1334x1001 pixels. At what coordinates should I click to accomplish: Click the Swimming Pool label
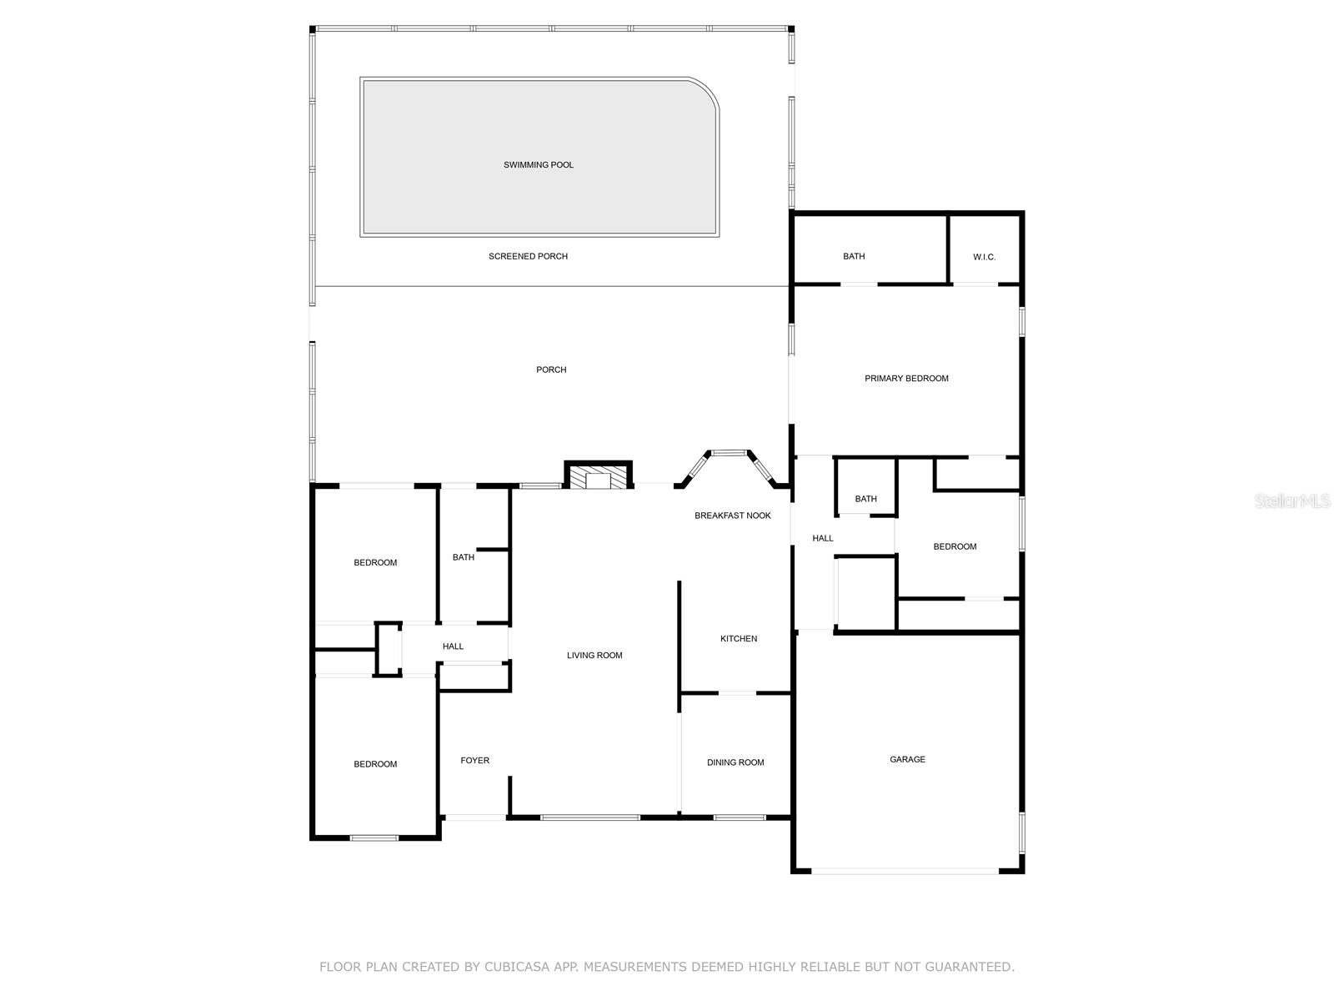click(539, 165)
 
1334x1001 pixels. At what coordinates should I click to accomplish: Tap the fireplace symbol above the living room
click(598, 477)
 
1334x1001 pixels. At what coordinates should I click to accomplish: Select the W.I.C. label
click(984, 257)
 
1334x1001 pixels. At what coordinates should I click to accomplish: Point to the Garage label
click(907, 760)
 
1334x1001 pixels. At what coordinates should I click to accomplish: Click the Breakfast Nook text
click(733, 516)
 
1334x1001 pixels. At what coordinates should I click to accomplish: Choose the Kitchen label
click(739, 639)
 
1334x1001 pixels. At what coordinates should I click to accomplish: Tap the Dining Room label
click(735, 762)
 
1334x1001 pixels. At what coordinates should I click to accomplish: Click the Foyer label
click(475, 761)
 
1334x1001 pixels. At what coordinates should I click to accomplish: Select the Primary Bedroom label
click(906, 379)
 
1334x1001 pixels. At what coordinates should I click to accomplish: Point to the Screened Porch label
click(528, 256)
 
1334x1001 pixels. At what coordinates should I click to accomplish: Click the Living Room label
click(594, 656)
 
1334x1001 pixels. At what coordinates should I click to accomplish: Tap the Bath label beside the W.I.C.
click(854, 257)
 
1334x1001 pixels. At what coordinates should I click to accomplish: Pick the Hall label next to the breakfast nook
click(823, 539)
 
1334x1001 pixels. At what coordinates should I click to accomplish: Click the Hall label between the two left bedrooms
click(453, 646)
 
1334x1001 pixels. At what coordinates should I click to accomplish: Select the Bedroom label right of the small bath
click(955, 547)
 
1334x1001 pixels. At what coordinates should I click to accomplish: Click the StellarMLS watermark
click(1292, 501)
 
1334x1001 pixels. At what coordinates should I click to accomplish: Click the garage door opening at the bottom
click(905, 872)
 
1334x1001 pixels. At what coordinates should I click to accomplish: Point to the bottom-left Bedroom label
click(375, 764)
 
